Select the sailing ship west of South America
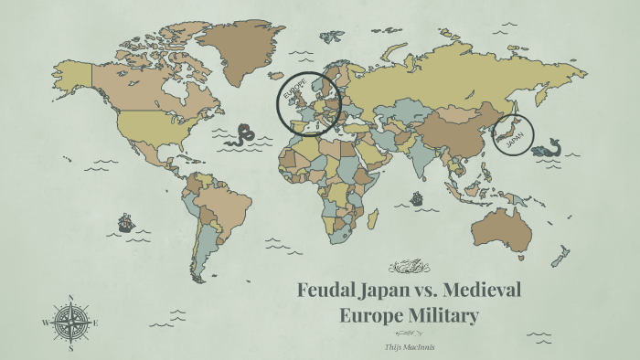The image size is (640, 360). pos(125,222)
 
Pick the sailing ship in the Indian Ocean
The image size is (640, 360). pos(417,197)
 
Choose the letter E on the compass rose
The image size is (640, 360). pos(96,323)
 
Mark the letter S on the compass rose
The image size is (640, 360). pos(70,348)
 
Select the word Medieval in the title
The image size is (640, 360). pos(481,291)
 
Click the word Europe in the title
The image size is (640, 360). pos(372,317)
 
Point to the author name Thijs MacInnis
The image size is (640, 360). pos(409,347)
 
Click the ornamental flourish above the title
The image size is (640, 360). pos(409,267)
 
